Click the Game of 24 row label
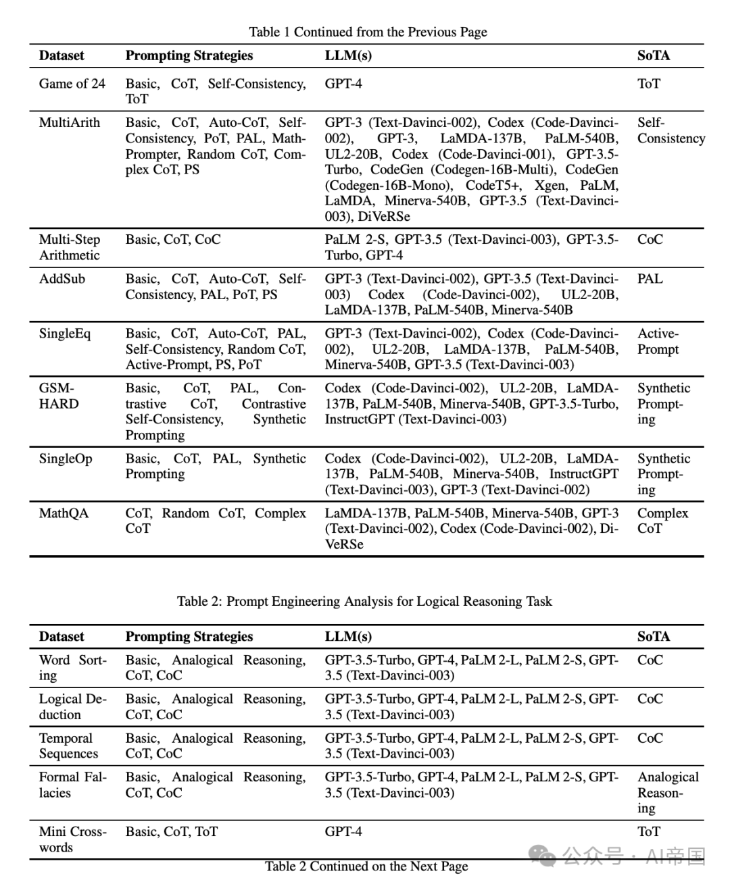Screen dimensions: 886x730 72,84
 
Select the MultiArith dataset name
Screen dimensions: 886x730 70,123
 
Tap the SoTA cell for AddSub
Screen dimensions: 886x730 650,279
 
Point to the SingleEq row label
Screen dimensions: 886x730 65,334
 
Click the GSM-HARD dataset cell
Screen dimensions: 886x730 59,396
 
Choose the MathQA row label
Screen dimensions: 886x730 64,513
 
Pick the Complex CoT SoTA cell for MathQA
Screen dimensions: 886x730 662,521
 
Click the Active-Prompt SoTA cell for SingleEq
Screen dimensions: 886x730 658,342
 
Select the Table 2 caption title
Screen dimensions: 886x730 364,601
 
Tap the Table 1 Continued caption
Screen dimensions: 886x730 368,32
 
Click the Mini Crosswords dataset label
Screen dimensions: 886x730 72,839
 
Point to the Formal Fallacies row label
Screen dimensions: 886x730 72,785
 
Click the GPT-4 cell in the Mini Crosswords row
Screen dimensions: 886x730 343,832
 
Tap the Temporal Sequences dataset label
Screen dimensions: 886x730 68,746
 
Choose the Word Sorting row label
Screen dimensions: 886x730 72,668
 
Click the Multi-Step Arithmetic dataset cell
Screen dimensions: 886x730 70,247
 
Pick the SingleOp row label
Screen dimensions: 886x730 66,459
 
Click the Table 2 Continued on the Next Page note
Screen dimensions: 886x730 366,866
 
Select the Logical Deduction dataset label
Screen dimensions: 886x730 72,706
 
